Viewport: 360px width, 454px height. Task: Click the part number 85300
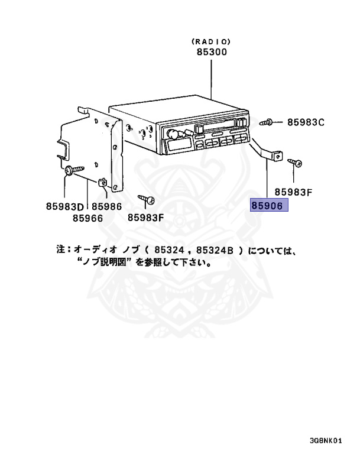[211, 52]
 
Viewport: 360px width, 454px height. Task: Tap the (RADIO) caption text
[211, 42]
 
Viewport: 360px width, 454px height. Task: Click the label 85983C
[306, 122]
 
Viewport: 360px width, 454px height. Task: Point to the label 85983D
[66, 206]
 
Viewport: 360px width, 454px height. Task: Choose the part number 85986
[106, 206]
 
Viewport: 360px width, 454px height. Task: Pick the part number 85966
[87, 218]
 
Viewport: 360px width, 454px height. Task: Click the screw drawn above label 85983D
[73, 170]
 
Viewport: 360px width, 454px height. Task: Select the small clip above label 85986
[103, 181]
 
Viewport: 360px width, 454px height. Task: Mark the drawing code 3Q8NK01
[325, 441]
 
